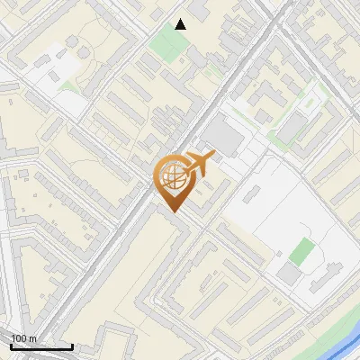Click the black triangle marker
click(x=181, y=24)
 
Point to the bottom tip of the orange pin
click(x=172, y=212)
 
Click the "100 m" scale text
click(x=24, y=338)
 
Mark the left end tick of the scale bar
click(x=11, y=345)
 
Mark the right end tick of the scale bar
click(x=72, y=345)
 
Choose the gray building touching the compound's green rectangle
click(x=288, y=273)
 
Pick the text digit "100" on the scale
click(x=19, y=338)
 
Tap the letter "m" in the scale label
click(x=33, y=339)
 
